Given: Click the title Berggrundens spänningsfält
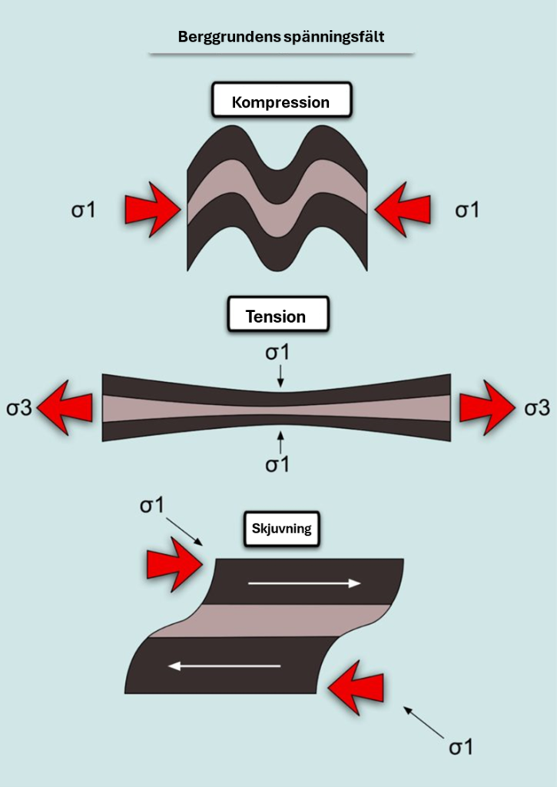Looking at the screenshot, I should [280, 36].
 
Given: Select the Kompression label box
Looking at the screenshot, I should [282, 101].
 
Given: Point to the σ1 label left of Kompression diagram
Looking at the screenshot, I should [84, 210].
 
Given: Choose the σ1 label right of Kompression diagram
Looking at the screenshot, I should [466, 210].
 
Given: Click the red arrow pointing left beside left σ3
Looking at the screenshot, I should [65, 407].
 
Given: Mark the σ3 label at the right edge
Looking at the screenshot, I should [537, 407].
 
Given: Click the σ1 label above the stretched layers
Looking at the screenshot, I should [278, 354].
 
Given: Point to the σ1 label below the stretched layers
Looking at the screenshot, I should [278, 464].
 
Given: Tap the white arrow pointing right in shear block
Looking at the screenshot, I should [304, 583].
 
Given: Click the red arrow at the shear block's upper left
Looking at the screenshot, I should [174, 563].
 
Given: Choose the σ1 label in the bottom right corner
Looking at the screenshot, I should [461, 747].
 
